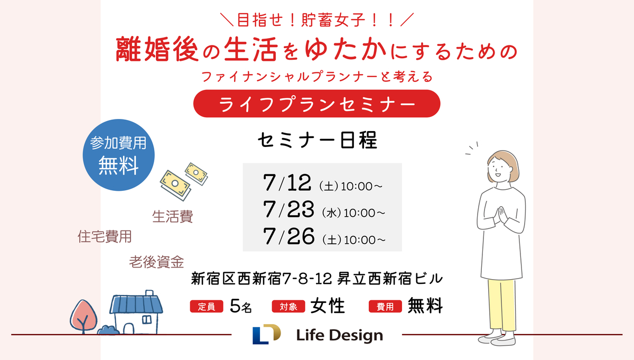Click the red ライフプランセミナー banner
316,104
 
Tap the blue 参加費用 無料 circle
118,155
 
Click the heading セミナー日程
318,140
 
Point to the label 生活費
173,217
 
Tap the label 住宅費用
105,236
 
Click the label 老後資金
156,262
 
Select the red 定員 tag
207,307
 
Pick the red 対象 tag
288,307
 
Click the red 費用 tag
385,307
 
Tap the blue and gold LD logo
267,334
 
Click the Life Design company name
339,335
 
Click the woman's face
499,169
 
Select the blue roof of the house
136,304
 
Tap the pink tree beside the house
83,316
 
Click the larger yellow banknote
175,184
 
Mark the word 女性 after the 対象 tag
328,306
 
